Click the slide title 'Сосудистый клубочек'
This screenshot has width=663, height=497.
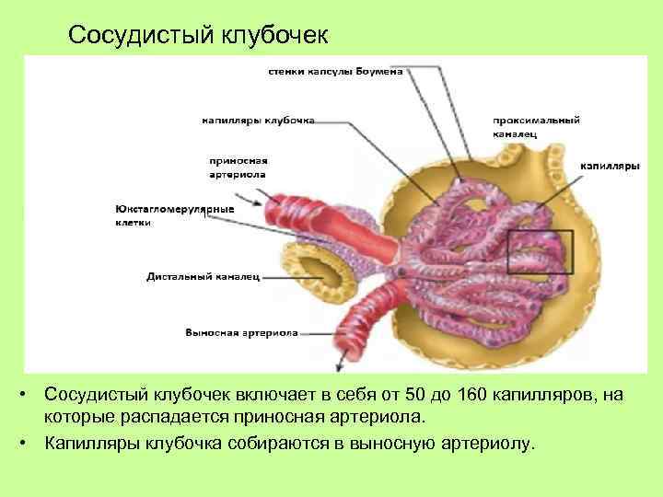198,35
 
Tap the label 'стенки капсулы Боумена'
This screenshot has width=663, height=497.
335,72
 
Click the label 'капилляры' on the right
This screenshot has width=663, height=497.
609,167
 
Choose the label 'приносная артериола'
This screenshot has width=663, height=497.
238,166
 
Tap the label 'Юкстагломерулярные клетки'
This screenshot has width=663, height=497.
175,215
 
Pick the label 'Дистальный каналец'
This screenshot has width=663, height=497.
204,275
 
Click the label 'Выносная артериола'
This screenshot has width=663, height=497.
241,332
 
